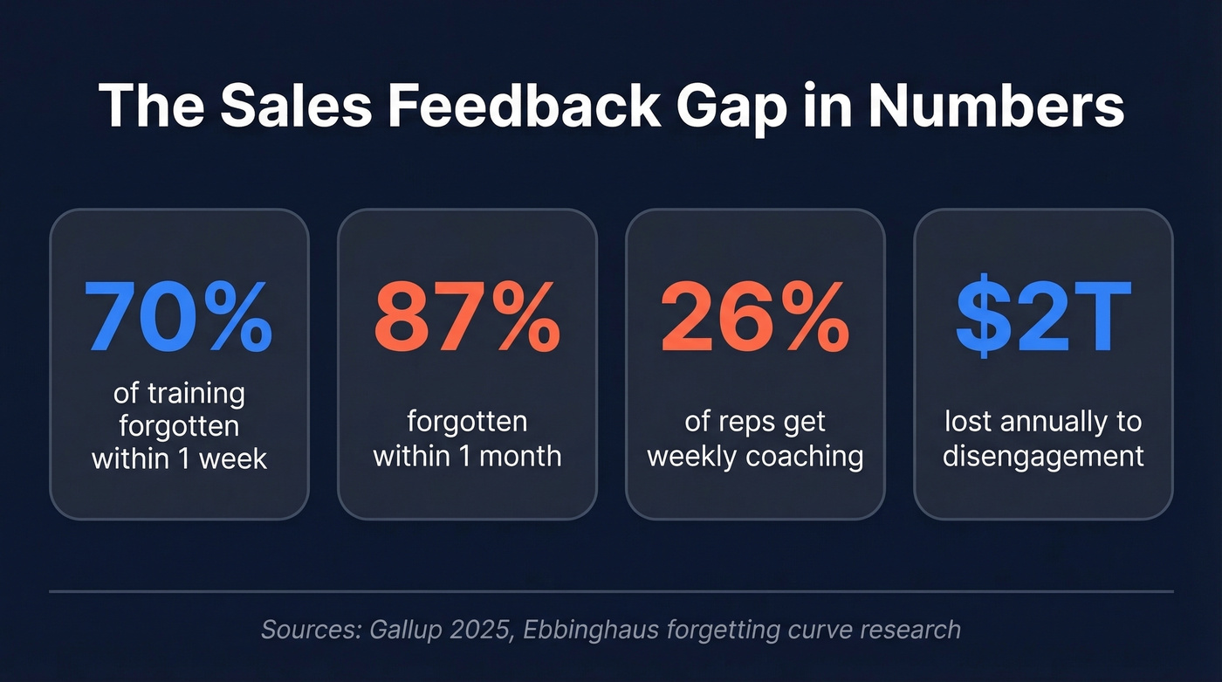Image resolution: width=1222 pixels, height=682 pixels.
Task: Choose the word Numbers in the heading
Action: [996, 107]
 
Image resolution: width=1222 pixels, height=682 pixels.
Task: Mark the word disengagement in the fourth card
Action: [1043, 457]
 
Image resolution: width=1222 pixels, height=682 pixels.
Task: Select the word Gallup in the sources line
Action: [401, 630]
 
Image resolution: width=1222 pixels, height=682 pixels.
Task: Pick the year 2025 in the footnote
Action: [479, 630]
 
